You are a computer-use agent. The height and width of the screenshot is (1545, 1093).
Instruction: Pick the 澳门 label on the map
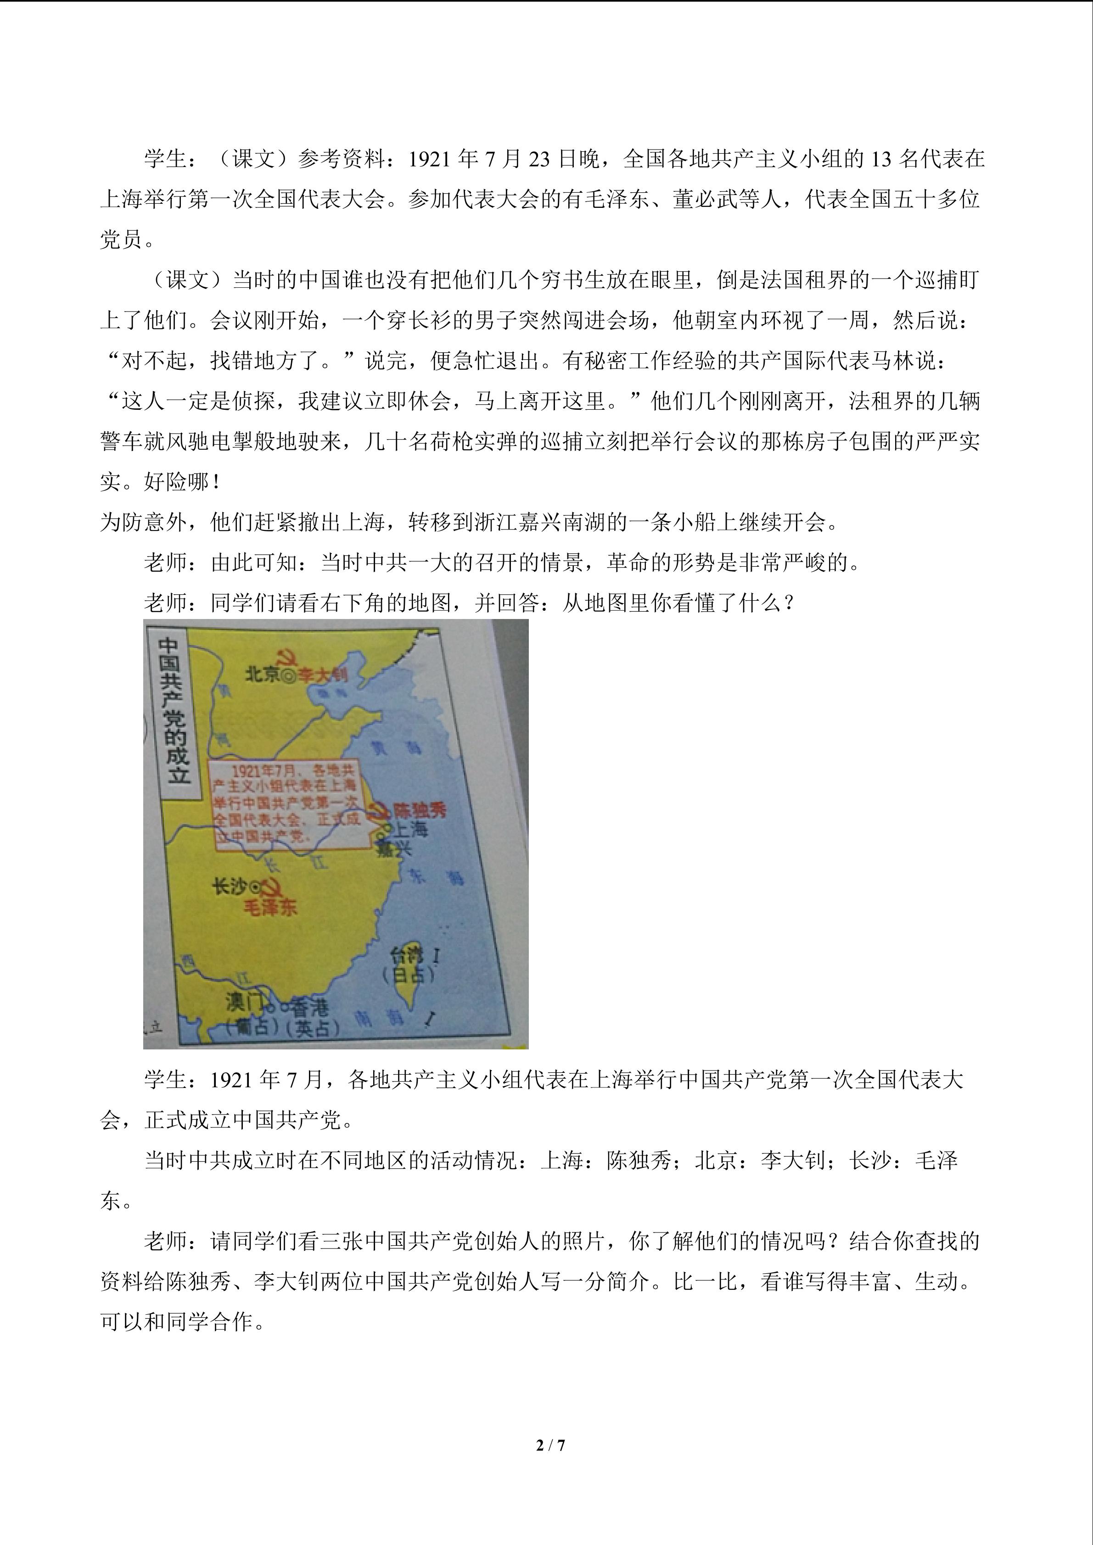(244, 1003)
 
